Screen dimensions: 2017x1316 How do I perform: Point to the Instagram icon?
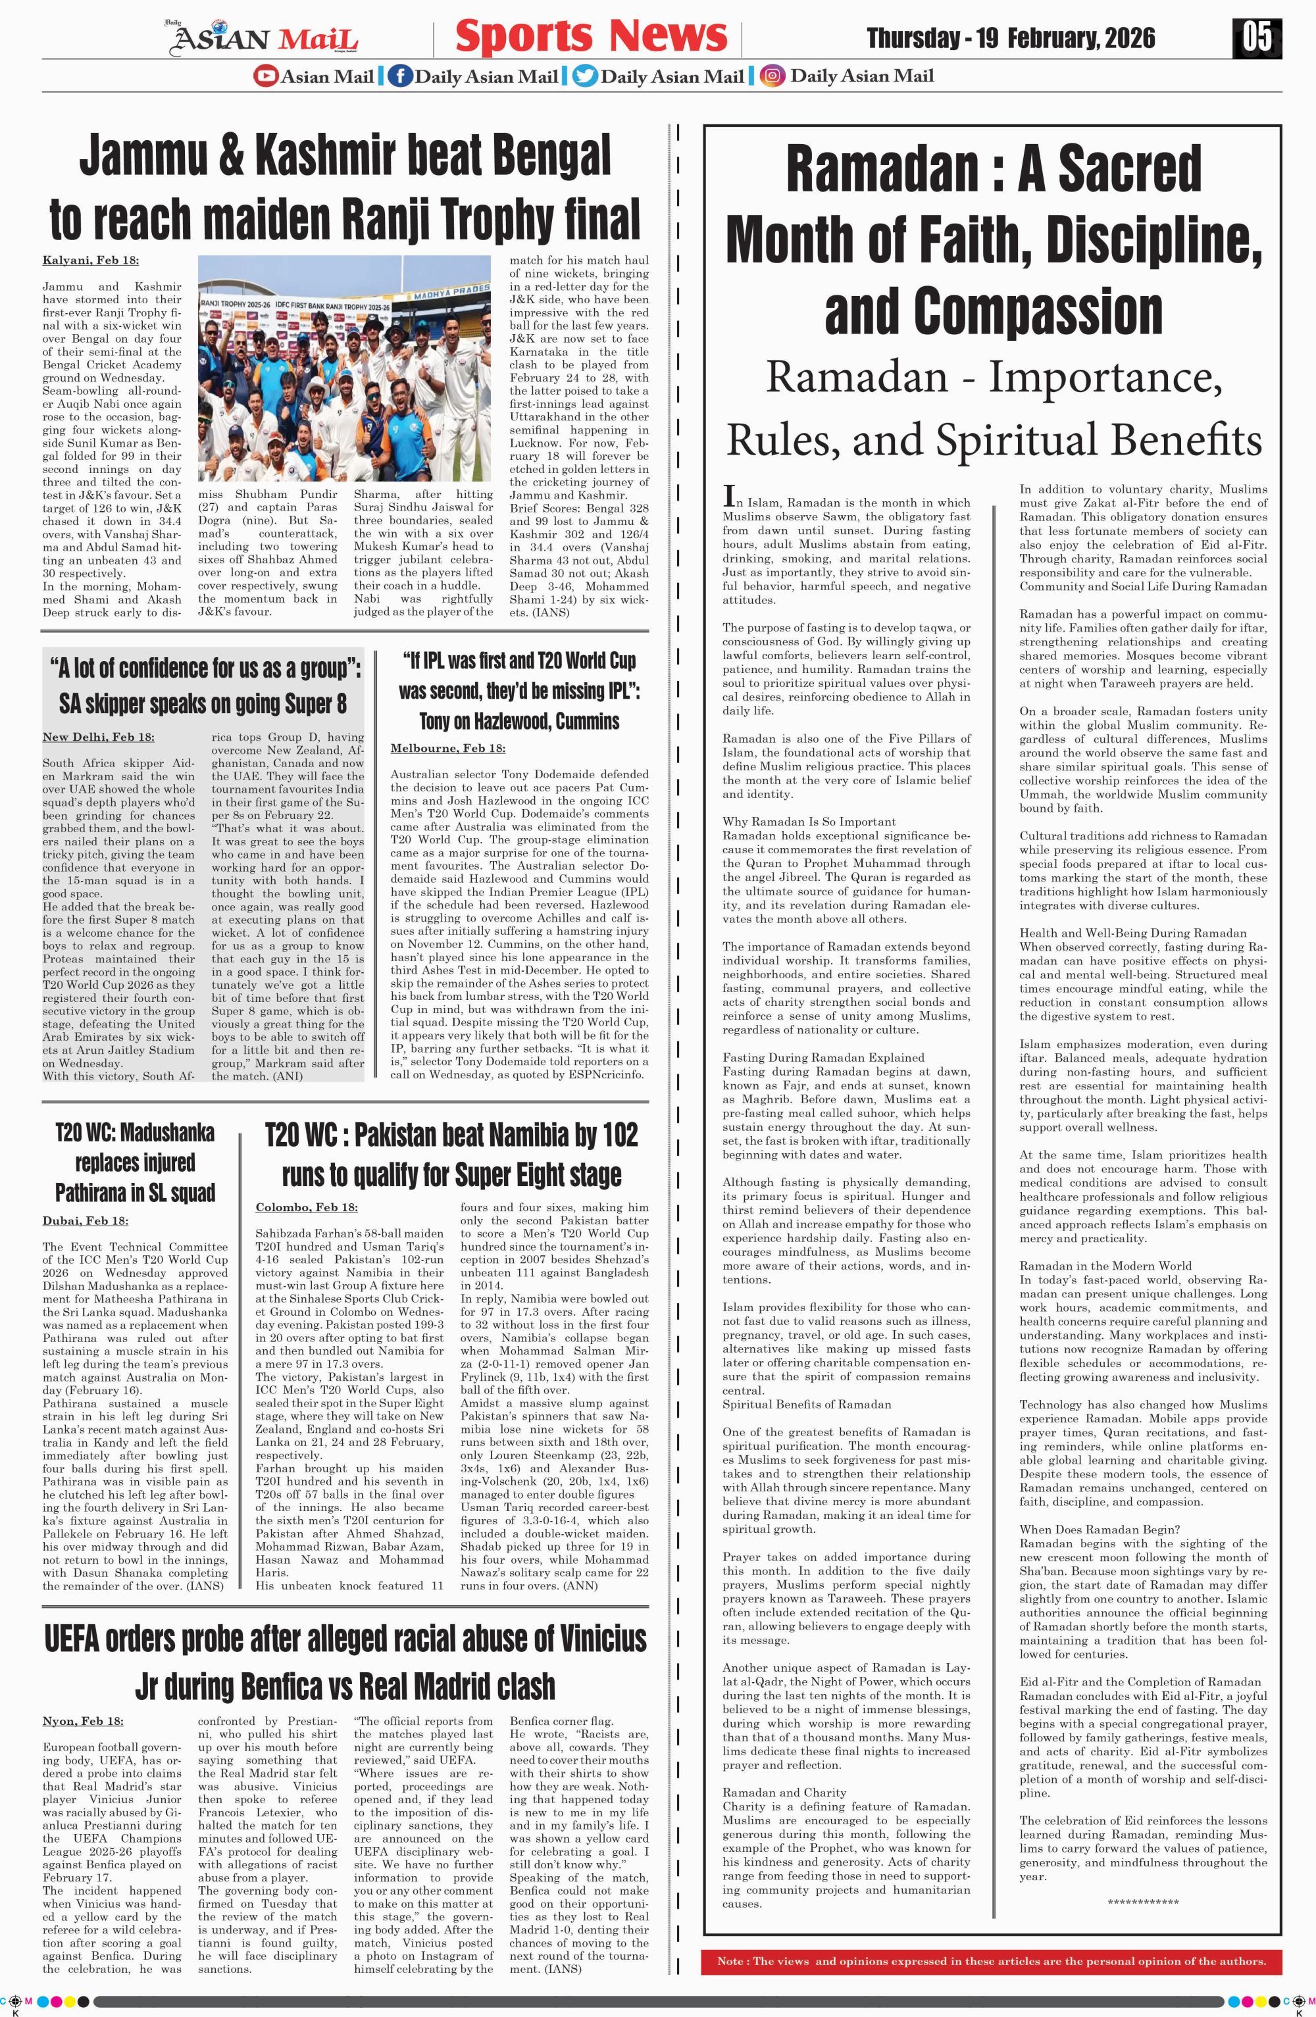click(772, 76)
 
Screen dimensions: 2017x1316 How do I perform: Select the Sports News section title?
click(591, 36)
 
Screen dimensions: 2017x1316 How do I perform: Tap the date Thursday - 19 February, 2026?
click(1010, 38)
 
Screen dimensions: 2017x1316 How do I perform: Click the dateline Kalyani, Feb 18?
click(91, 260)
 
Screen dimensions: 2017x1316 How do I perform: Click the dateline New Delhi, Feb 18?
click(98, 737)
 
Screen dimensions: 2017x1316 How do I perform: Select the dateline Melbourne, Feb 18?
click(447, 749)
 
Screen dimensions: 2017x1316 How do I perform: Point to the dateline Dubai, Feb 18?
click(86, 1220)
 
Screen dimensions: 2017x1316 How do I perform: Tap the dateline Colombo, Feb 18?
click(306, 1207)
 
